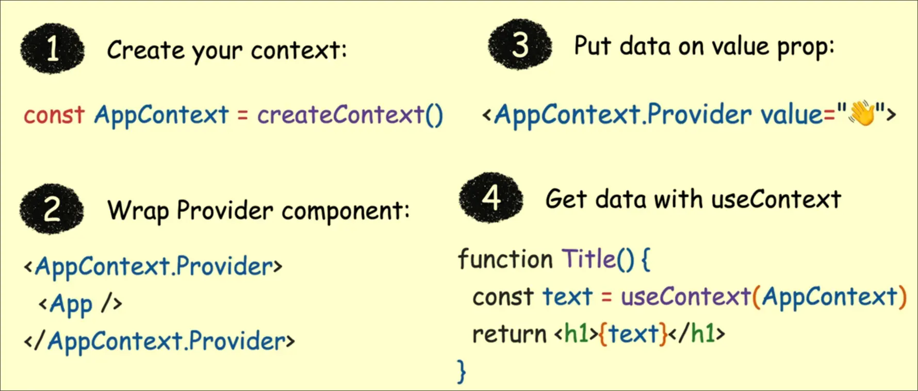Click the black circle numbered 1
pyautogui.click(x=53, y=48)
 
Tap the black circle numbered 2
pyautogui.click(x=52, y=209)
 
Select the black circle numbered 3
pyautogui.click(x=520, y=44)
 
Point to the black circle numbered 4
pyautogui.click(x=491, y=198)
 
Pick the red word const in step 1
pyautogui.click(x=54, y=115)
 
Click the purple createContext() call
pyautogui.click(x=350, y=115)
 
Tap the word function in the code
pyautogui.click(x=505, y=258)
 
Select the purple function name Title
pyautogui.click(x=588, y=258)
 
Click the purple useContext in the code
pyautogui.click(x=686, y=297)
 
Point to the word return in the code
pyautogui.click(x=509, y=334)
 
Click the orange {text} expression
pyautogui.click(x=633, y=334)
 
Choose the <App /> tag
pyautogui.click(x=80, y=304)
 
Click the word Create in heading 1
pyautogui.click(x=145, y=50)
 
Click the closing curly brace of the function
pyautogui.click(x=462, y=371)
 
